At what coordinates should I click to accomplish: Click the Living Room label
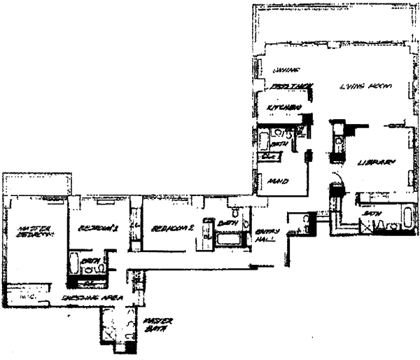click(x=365, y=86)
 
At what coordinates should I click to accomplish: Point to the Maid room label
click(x=278, y=181)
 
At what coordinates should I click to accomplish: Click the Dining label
click(x=283, y=70)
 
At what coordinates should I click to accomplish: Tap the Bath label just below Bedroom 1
click(x=89, y=261)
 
